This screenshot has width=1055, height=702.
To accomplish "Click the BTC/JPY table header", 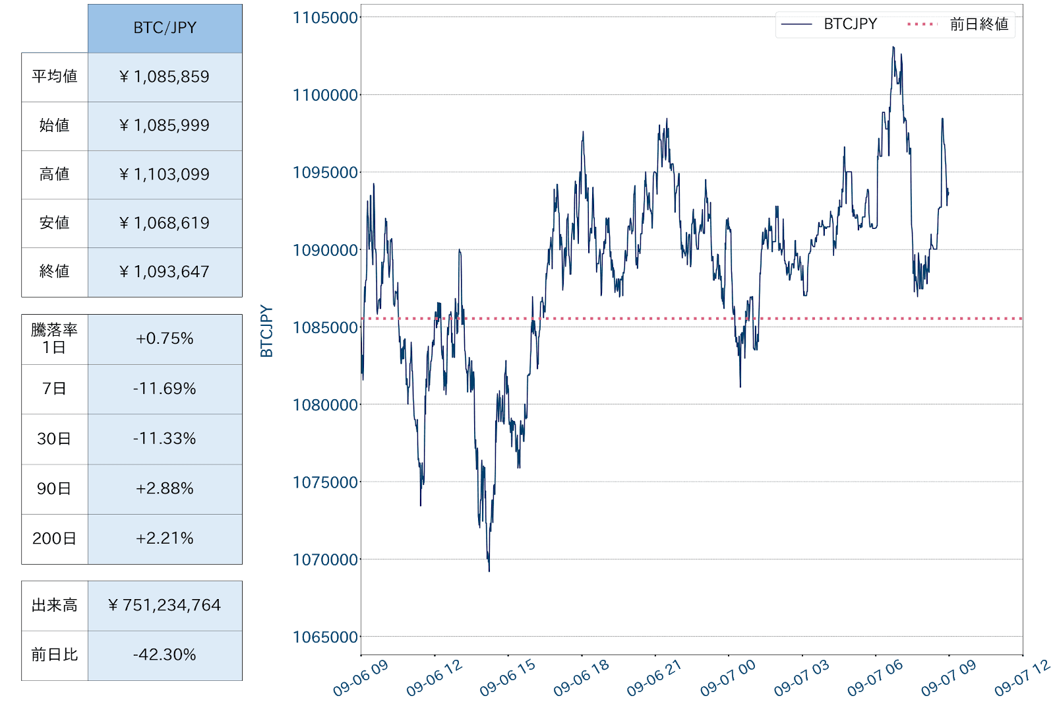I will pyautogui.click(x=165, y=28).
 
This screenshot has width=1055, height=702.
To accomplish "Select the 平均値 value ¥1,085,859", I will pyautogui.click(x=165, y=77).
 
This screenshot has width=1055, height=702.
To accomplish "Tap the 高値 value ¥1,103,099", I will pyautogui.click(x=165, y=175).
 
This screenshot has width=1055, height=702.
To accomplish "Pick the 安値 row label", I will pyautogui.click(x=55, y=223).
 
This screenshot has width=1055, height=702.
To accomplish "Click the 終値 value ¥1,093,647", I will pyautogui.click(x=165, y=272).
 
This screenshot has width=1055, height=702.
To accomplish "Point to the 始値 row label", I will pyautogui.click(x=55, y=125).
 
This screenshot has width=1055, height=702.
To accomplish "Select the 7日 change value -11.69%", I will pyautogui.click(x=165, y=389).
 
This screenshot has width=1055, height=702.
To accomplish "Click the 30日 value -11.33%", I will pyautogui.click(x=165, y=439).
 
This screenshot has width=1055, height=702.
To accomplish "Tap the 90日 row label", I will pyautogui.click(x=55, y=489).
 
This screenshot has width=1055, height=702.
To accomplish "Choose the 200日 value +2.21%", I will pyautogui.click(x=165, y=538).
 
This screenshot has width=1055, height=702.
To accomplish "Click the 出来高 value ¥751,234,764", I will pyautogui.click(x=165, y=605).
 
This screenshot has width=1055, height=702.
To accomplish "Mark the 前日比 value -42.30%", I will pyautogui.click(x=165, y=654).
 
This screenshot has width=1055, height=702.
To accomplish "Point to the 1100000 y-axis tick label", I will pyautogui.click(x=326, y=95).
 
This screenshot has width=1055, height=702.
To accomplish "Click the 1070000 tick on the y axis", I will pyautogui.click(x=326, y=559).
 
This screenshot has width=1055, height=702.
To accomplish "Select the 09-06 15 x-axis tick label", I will pyautogui.click(x=508, y=678).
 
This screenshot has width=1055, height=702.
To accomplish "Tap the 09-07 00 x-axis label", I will pyautogui.click(x=728, y=678).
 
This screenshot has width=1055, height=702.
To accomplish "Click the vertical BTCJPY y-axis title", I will pyautogui.click(x=266, y=331).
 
